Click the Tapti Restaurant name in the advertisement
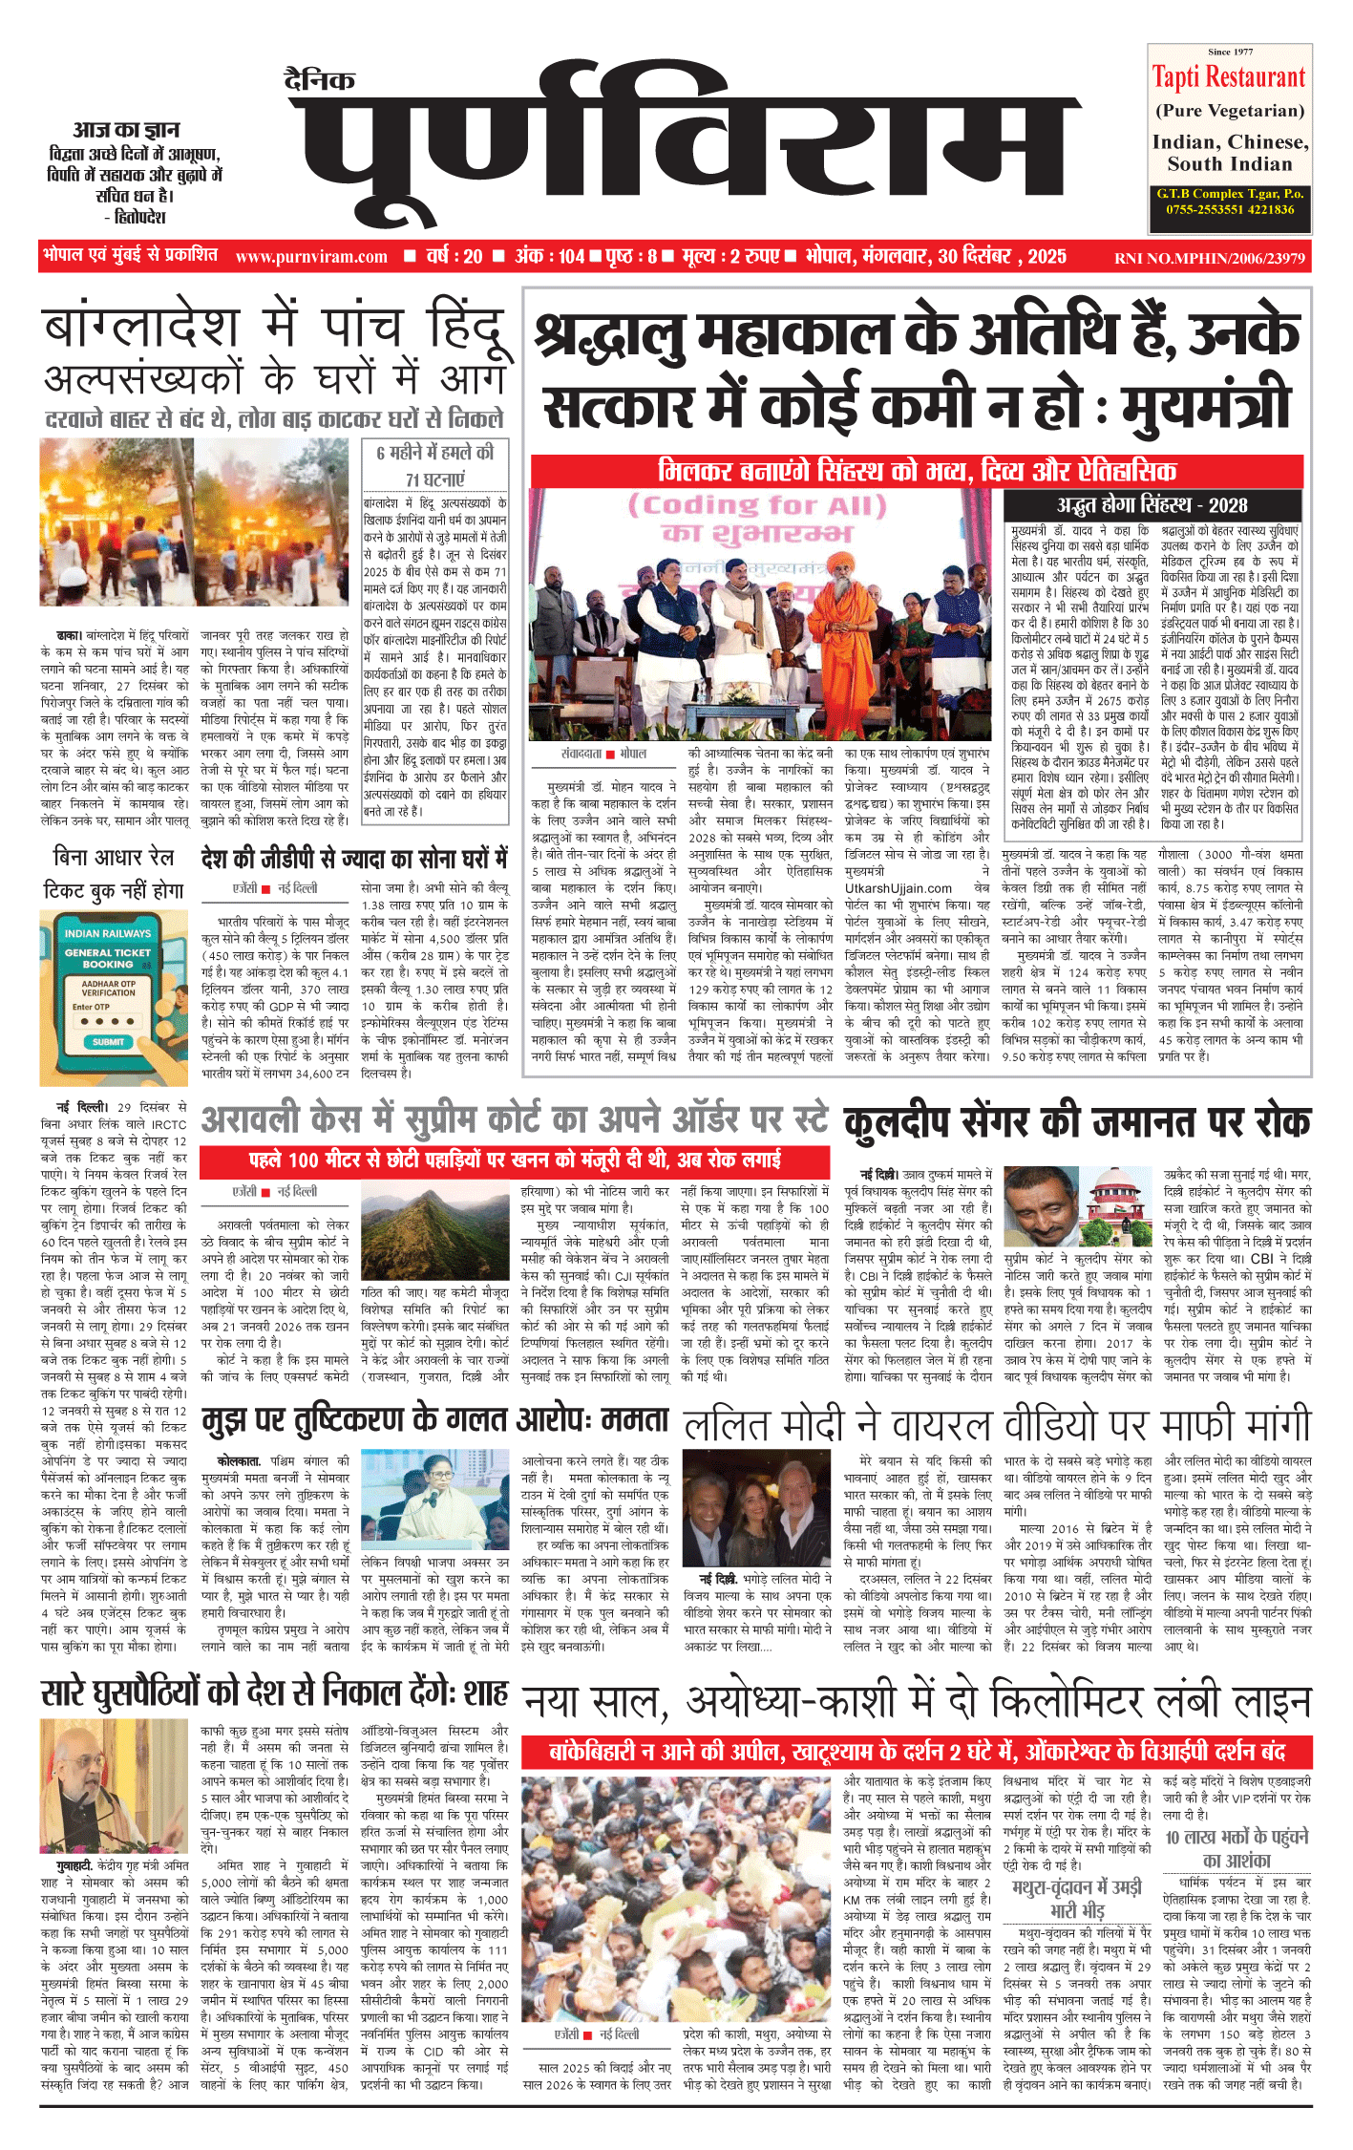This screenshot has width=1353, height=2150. (x=1228, y=77)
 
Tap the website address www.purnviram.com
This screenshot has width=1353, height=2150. (x=311, y=257)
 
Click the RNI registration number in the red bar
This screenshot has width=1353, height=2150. (x=1209, y=258)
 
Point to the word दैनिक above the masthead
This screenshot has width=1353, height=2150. (x=320, y=80)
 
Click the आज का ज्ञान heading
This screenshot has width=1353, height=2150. (x=126, y=130)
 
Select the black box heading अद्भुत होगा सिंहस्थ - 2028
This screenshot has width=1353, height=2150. (x=1152, y=505)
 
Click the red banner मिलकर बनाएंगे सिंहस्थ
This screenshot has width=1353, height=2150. (x=917, y=471)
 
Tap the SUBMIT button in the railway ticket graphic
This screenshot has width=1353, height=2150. (x=107, y=1041)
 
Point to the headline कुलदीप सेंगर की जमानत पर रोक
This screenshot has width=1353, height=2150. (x=1077, y=1123)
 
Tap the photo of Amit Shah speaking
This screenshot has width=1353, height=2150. (x=115, y=1785)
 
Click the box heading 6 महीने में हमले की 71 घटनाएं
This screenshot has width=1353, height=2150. (x=434, y=465)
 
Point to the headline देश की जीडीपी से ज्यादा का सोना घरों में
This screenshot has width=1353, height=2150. (x=354, y=859)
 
